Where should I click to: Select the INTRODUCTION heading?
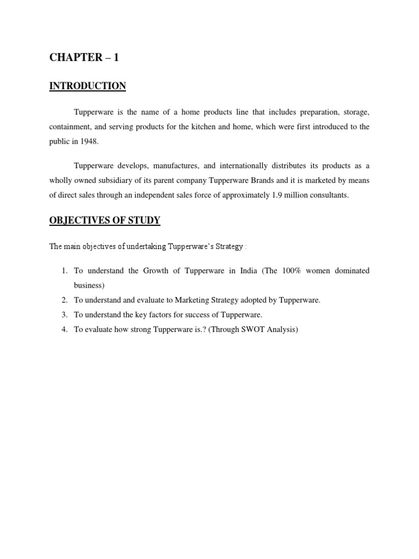(88, 86)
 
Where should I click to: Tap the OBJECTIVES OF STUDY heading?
(105, 220)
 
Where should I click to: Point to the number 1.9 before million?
(277, 195)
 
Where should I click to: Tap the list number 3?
(64, 314)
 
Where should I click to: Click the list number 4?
(64, 329)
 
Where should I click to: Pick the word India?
(248, 271)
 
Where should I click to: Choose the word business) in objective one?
(89, 285)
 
